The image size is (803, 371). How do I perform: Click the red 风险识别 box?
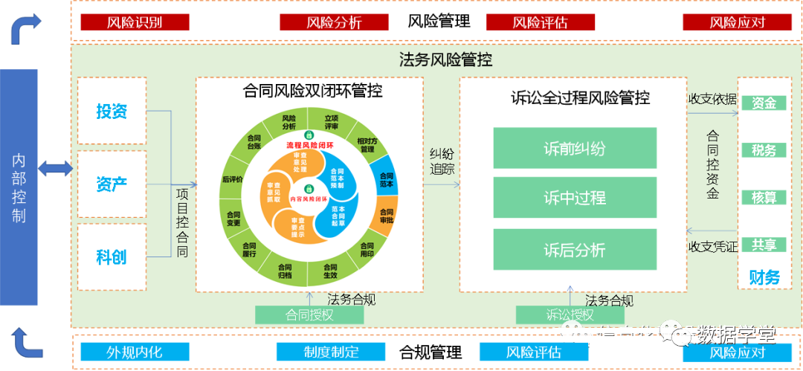coord(135,22)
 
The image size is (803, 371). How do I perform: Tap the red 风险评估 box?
coord(540,22)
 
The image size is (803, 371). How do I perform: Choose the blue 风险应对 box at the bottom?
coord(737,352)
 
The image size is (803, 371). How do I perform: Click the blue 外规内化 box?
coord(135,352)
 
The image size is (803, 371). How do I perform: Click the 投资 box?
coord(112,111)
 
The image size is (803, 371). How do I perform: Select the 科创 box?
coord(112,257)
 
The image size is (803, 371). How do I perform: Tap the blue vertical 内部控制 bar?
coord(19,187)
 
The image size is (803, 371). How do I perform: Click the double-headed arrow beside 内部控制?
coord(56,169)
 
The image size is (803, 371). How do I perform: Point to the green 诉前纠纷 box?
coord(574,148)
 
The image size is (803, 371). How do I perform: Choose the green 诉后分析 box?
coord(574,249)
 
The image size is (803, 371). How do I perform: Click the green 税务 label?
coord(764,150)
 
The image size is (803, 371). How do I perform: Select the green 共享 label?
coord(764,244)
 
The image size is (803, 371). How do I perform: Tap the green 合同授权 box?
coord(309,315)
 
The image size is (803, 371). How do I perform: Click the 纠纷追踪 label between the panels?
coord(441,161)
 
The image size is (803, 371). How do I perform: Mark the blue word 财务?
coord(764,277)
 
